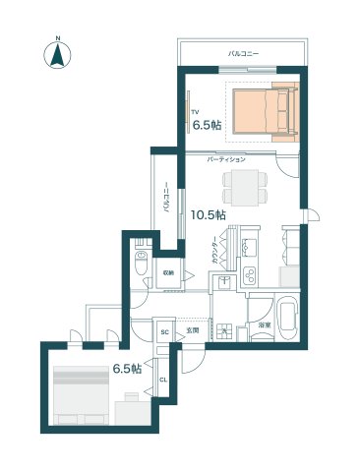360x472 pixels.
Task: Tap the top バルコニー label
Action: [x=243, y=52]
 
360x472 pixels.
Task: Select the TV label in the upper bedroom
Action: [x=195, y=112]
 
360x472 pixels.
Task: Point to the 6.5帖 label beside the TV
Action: [x=206, y=126]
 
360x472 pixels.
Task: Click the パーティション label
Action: [x=226, y=158]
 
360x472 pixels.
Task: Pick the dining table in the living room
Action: [x=245, y=184]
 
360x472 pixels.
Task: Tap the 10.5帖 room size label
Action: [x=208, y=213]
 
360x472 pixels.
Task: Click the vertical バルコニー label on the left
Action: [x=166, y=200]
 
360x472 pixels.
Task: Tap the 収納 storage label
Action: [x=168, y=272]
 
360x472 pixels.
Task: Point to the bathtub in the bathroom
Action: [x=287, y=318]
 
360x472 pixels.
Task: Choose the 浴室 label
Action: [x=264, y=324]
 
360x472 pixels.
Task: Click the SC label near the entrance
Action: [x=165, y=331]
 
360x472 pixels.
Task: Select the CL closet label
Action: [x=164, y=379]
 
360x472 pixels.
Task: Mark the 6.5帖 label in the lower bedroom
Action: [x=127, y=369]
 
